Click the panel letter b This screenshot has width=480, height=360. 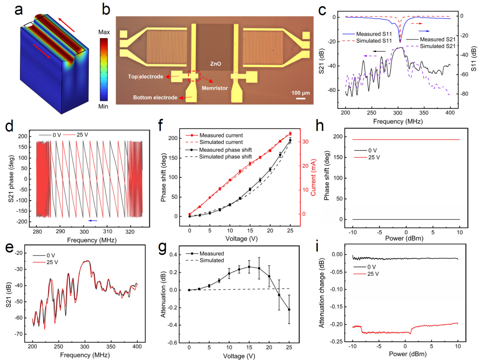coord(106,9)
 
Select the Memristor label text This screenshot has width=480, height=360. coord(215,88)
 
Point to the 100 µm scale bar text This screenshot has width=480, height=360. coord(300,92)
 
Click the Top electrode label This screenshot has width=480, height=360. coord(145,77)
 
